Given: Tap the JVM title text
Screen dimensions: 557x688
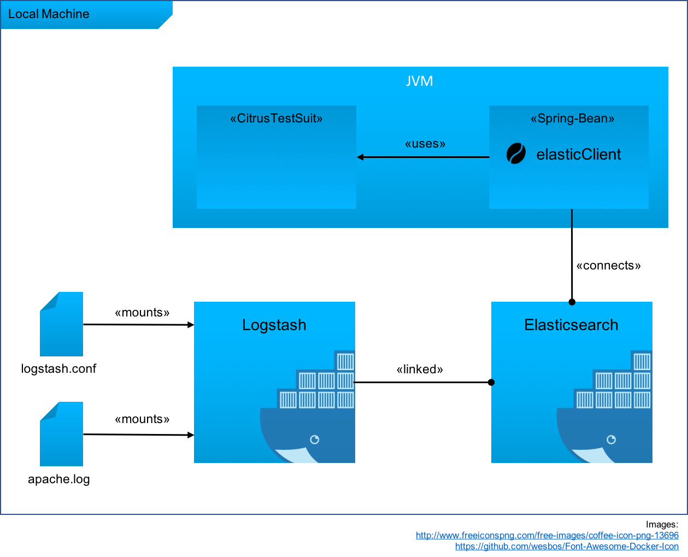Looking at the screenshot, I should click(x=420, y=81).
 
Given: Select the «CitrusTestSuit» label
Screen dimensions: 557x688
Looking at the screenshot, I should click(x=277, y=119).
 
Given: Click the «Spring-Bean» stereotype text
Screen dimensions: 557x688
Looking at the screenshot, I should click(x=572, y=119).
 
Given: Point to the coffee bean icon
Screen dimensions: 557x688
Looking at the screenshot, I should click(x=516, y=154).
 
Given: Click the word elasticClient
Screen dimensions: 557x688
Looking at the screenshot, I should click(x=579, y=155).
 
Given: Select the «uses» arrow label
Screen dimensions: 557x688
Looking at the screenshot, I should click(x=425, y=144).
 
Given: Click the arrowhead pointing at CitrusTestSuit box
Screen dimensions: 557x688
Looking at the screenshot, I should click(x=360, y=157).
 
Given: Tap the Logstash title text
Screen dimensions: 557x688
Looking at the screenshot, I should click(x=274, y=325).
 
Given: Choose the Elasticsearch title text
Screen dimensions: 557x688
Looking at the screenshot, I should click(x=571, y=325).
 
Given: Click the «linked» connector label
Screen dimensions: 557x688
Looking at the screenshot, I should click(x=420, y=370).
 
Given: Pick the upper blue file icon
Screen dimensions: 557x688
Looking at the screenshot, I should click(x=62, y=324).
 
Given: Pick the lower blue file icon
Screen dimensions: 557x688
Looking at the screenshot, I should click(x=62, y=434).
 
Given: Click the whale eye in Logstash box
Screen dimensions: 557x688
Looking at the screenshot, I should click(x=315, y=439).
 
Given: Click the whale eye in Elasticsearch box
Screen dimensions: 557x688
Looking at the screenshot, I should click(x=611, y=439).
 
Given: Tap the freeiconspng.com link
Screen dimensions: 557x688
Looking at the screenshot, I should click(x=547, y=536).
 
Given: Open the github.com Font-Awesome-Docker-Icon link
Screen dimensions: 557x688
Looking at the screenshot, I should click(x=567, y=546).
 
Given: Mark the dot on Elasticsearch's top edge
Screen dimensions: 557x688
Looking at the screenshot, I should click(x=572, y=302).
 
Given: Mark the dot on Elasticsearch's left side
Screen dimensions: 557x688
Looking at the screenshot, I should click(x=492, y=383).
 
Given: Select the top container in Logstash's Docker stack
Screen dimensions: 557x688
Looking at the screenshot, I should click(x=345, y=361).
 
